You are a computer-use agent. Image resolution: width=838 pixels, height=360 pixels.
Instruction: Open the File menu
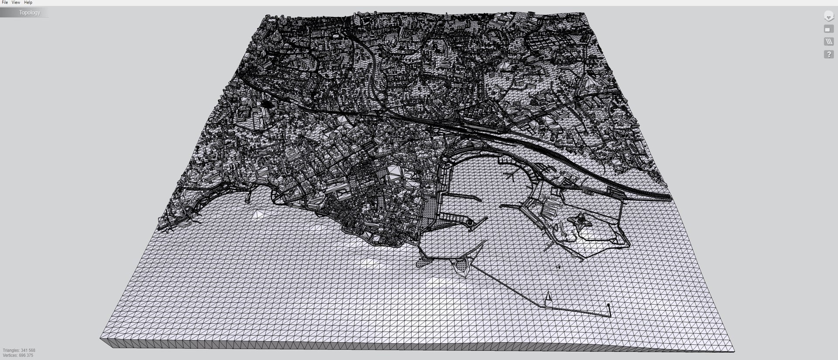click(x=5, y=3)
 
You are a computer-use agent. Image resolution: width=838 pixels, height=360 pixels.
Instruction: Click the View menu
click(x=16, y=3)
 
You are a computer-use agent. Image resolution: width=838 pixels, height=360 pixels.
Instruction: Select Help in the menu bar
click(x=28, y=3)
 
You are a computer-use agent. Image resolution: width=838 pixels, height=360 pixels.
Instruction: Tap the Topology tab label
click(x=29, y=13)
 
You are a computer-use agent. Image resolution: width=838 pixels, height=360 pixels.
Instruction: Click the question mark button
click(x=828, y=55)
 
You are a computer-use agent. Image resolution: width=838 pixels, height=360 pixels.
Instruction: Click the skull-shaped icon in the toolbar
click(x=828, y=16)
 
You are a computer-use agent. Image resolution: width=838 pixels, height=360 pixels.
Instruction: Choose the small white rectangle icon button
click(x=828, y=29)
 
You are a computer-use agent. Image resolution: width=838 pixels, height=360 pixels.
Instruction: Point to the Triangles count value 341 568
click(x=28, y=350)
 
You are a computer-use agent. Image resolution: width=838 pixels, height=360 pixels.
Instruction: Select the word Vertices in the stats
click(x=10, y=356)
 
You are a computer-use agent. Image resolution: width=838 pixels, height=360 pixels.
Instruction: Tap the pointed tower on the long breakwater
click(x=549, y=297)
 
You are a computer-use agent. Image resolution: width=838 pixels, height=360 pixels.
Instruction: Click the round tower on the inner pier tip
click(x=470, y=223)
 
